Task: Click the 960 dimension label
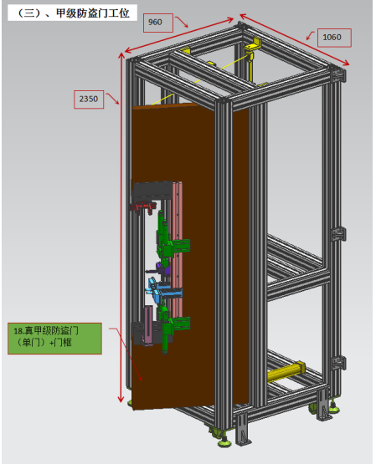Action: click(x=155, y=23)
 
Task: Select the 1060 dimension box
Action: click(x=334, y=38)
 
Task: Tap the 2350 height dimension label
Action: click(x=88, y=99)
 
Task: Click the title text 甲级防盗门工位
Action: click(x=93, y=13)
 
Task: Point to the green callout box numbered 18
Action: click(x=54, y=339)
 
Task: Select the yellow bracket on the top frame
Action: click(x=253, y=44)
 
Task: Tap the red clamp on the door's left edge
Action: click(x=143, y=207)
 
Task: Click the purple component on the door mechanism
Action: click(x=163, y=268)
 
